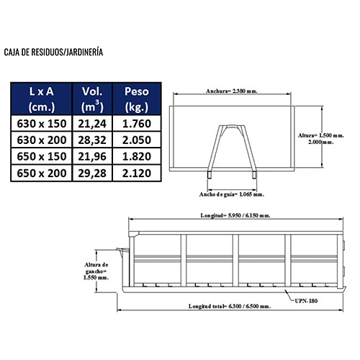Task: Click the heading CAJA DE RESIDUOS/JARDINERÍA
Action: [53, 52]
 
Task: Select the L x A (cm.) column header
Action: [41, 99]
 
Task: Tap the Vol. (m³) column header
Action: [92, 99]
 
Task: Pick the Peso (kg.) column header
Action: [137, 99]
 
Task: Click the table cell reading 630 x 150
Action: [42, 124]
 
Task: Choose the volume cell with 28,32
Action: [92, 140]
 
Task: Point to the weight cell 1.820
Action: [137, 156]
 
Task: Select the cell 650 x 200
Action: [42, 173]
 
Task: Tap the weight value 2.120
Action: [137, 173]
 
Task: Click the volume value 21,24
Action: [92, 124]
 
